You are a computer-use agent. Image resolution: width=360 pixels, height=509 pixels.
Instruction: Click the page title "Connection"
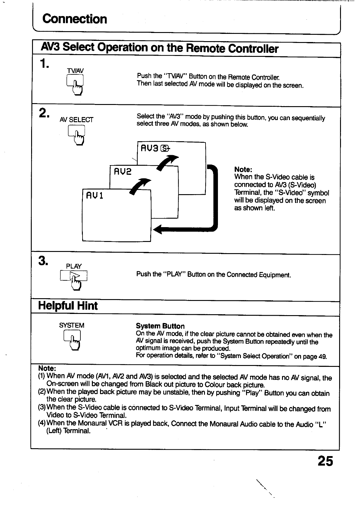75,19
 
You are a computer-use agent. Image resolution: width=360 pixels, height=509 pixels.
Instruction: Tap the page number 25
325,461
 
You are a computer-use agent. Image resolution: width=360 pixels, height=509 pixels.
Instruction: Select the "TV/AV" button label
75,71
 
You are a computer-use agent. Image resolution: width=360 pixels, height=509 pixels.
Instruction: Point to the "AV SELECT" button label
76,120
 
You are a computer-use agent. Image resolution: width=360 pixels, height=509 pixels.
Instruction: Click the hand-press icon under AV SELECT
77,134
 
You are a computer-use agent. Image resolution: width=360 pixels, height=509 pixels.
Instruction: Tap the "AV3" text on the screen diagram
149,148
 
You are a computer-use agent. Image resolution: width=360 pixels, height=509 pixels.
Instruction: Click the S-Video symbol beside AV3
166,148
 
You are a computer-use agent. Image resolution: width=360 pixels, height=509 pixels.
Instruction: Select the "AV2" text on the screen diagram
122,172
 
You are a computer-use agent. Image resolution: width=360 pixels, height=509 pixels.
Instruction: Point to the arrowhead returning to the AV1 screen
159,230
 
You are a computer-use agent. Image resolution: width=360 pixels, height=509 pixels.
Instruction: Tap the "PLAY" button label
74,266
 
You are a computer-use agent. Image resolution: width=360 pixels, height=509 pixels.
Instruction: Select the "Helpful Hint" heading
68,306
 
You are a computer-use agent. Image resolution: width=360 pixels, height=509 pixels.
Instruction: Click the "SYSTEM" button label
72,325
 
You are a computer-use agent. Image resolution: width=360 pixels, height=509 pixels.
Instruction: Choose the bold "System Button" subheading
160,326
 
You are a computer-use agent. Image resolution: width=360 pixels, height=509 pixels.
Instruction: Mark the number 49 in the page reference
322,356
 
